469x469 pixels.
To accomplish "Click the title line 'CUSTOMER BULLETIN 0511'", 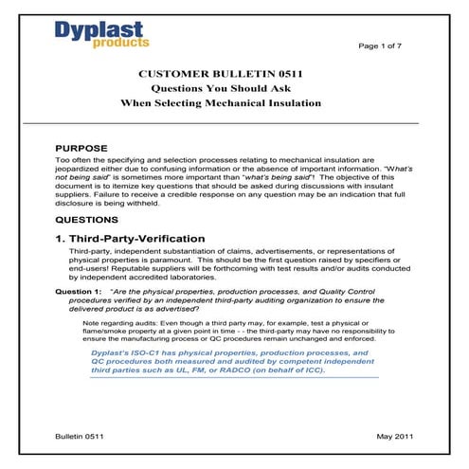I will point(234,72).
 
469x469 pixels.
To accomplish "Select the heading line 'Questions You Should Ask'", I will point(234,87).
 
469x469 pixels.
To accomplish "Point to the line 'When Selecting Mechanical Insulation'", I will point(234,102).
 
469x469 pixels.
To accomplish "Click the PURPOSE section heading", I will point(85,149).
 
